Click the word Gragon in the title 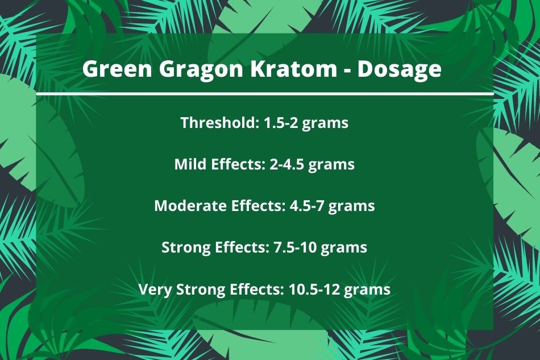[x=201, y=70]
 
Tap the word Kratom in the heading [x=294, y=69]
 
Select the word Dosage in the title [x=399, y=70]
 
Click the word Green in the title [x=117, y=69]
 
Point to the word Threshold [x=220, y=123]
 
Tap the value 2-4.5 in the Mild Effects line [x=287, y=164]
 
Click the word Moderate [x=190, y=206]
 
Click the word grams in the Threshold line [x=325, y=124]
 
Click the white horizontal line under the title [x=264, y=94]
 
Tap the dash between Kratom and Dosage [x=347, y=71]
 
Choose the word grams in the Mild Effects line [x=331, y=165]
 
